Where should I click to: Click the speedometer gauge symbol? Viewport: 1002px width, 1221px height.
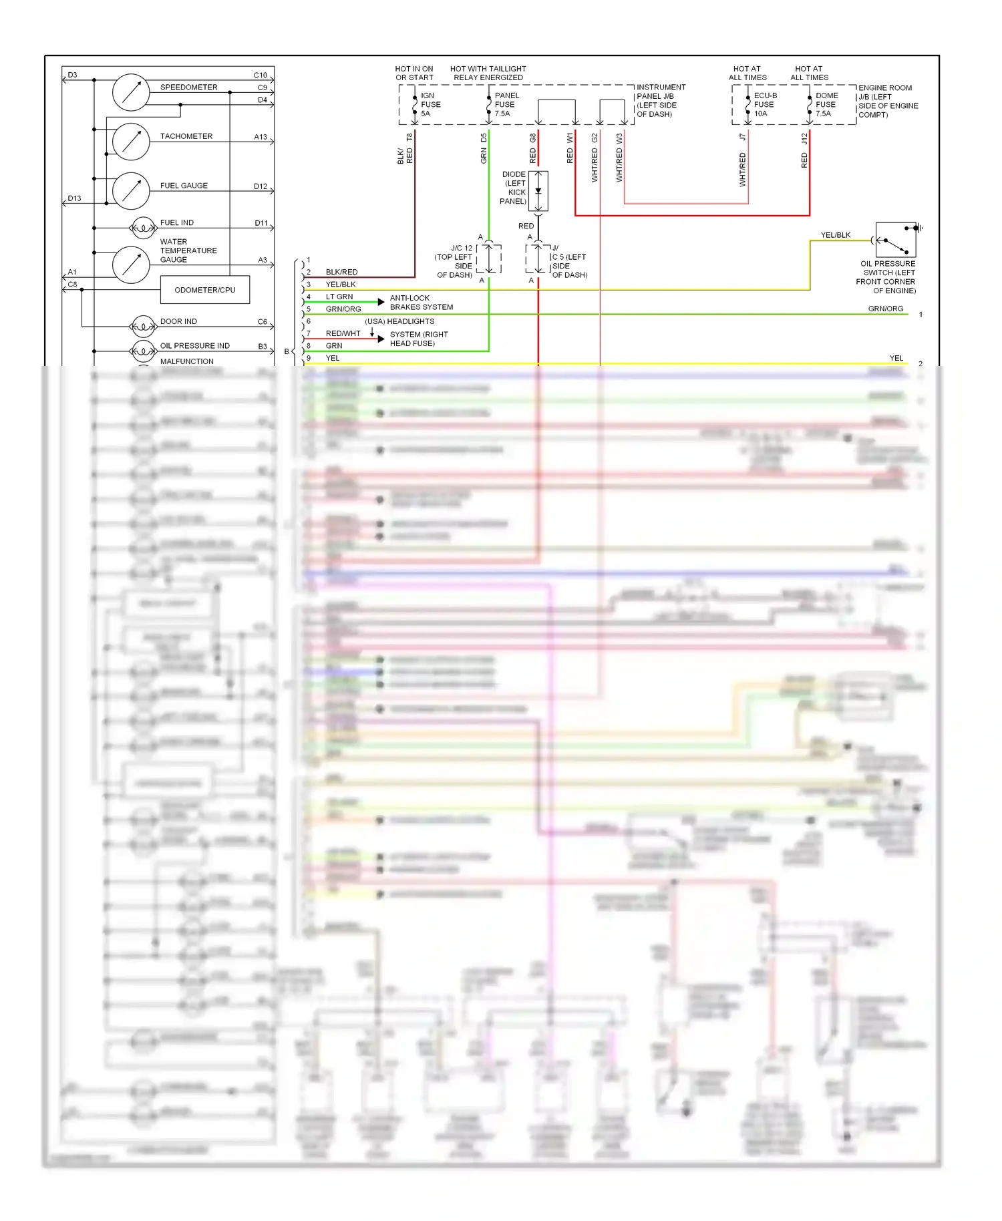pyautogui.click(x=131, y=92)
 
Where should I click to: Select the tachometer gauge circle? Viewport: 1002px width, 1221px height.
pyautogui.click(x=131, y=141)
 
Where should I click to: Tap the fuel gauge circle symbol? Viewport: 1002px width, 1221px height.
pyautogui.click(x=131, y=191)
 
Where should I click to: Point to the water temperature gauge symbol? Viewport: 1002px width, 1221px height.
pyautogui.click(x=131, y=265)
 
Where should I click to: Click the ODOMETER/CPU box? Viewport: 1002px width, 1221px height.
pyautogui.click(x=205, y=290)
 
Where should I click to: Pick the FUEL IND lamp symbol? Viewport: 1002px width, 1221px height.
pyautogui.click(x=143, y=228)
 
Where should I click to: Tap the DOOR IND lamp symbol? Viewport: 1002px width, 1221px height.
pyautogui.click(x=143, y=327)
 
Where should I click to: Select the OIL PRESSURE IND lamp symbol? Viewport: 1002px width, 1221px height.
pyautogui.click(x=143, y=351)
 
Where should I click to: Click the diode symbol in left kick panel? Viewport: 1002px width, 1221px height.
pyautogui.click(x=538, y=191)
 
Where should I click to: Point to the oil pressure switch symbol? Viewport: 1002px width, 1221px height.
pyautogui.click(x=895, y=240)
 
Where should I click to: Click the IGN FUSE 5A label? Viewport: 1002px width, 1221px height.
pyautogui.click(x=430, y=104)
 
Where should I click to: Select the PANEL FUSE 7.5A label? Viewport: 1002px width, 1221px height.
pyautogui.click(x=506, y=104)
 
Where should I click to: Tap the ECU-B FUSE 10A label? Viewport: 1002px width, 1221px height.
pyautogui.click(x=764, y=104)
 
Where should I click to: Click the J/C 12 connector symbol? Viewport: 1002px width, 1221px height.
pyautogui.click(x=489, y=258)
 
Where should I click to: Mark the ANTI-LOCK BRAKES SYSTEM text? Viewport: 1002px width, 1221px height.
pyautogui.click(x=421, y=303)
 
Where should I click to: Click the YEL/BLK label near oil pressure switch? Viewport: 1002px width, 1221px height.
pyautogui.click(x=835, y=235)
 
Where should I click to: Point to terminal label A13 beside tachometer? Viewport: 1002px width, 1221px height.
pyautogui.click(x=261, y=137)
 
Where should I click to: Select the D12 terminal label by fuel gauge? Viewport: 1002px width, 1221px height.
pyautogui.click(x=261, y=186)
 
